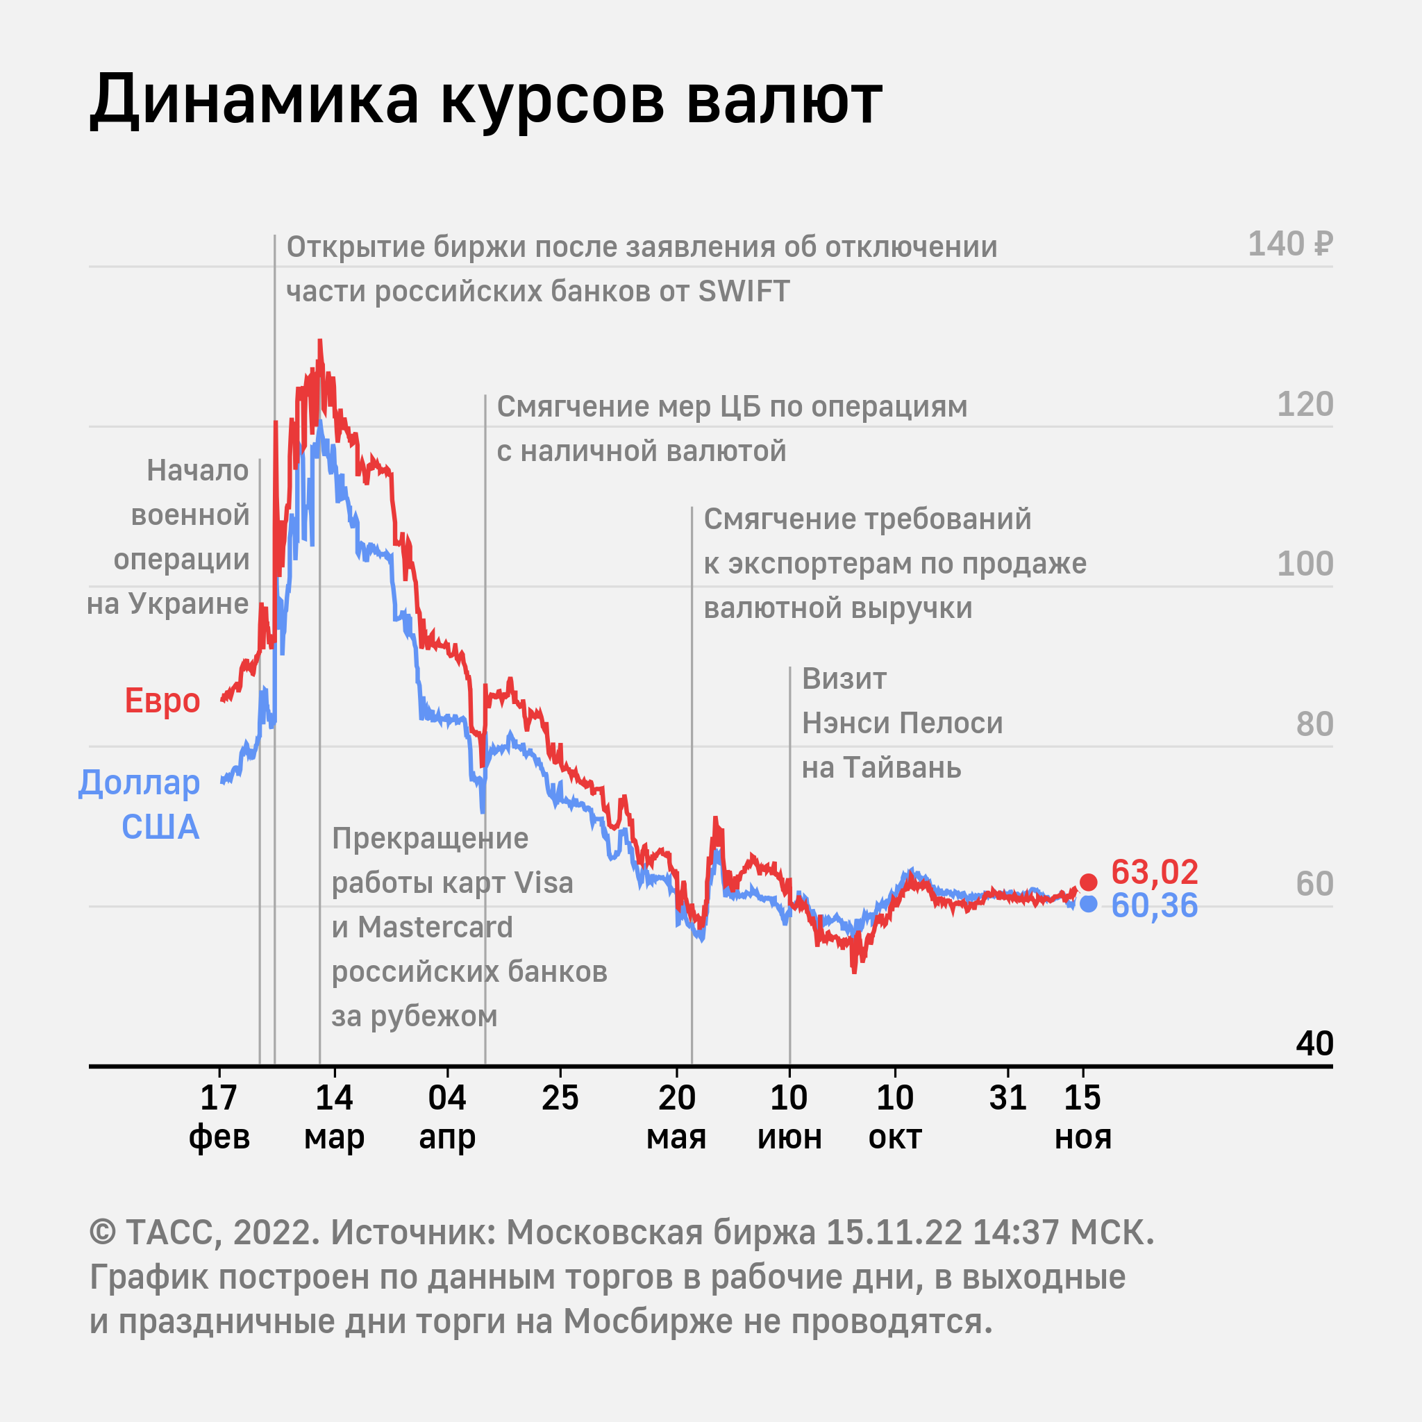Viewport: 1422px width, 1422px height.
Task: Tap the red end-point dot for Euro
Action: [x=1089, y=882]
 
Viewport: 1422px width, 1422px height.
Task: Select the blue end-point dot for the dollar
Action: [x=1089, y=904]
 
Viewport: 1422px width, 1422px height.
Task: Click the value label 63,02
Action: [x=1154, y=873]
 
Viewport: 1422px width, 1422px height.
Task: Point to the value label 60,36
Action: [x=1154, y=906]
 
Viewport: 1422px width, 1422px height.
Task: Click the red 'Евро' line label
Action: [x=162, y=701]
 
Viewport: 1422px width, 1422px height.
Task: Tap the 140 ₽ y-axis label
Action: [x=1289, y=244]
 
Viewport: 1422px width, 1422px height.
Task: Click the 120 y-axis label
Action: [x=1304, y=405]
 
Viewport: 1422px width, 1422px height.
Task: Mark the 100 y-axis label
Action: [x=1304, y=564]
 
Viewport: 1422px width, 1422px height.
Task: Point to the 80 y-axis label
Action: [x=1314, y=725]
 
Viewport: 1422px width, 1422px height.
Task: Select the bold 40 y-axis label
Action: [x=1314, y=1044]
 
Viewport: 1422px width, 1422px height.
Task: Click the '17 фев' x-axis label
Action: [x=219, y=1117]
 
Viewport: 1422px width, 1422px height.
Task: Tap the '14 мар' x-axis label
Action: [x=334, y=1117]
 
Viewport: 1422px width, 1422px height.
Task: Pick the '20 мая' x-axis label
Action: [x=676, y=1117]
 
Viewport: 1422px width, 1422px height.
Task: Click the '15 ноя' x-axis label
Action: [x=1082, y=1117]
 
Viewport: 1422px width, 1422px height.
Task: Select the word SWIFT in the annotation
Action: [x=744, y=292]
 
